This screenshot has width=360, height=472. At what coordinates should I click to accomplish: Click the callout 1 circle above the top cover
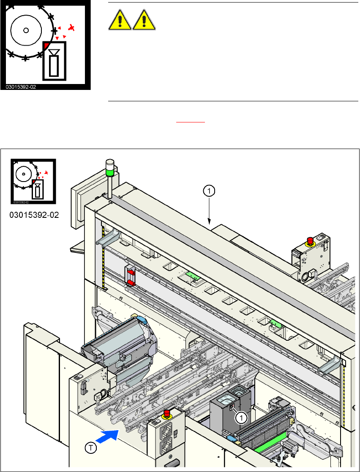coord(209,191)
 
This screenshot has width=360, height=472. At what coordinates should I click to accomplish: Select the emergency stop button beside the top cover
coord(310,241)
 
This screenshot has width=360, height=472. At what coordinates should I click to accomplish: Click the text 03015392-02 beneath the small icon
coord(34,215)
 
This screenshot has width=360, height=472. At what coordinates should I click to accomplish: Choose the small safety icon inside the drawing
coord(33,182)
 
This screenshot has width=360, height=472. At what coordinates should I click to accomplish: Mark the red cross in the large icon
coord(71,28)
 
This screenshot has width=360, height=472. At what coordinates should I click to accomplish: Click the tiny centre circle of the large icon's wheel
coord(26,30)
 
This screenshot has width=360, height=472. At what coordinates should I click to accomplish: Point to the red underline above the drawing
coord(191,122)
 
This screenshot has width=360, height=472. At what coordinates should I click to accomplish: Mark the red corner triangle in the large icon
coord(46,45)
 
